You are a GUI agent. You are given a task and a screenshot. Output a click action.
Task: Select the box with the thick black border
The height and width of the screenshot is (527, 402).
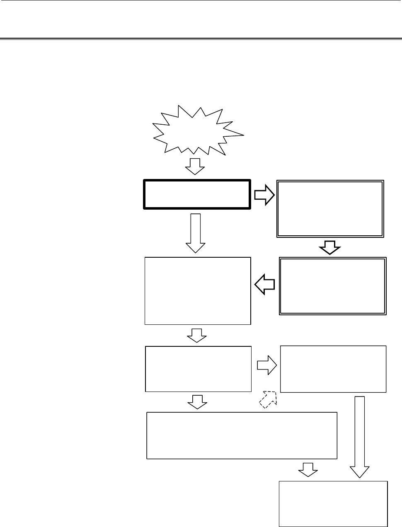(x=197, y=194)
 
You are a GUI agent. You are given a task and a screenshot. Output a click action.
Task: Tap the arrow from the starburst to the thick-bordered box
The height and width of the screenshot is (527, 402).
(x=194, y=166)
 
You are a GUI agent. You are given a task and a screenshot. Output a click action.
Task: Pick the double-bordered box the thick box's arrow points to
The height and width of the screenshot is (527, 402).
(x=330, y=208)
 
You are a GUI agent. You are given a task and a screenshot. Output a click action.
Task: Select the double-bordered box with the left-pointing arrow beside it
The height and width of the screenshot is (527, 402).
(x=333, y=286)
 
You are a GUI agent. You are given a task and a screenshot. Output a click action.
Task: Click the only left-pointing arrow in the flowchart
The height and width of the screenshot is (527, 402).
(x=264, y=286)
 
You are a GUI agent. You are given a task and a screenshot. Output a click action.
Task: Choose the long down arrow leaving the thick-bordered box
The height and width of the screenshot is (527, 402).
(x=195, y=233)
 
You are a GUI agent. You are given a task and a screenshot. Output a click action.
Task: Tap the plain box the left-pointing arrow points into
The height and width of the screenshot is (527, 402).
(x=198, y=290)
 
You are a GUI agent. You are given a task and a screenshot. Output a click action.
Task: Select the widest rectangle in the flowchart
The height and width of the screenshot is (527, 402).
(x=242, y=435)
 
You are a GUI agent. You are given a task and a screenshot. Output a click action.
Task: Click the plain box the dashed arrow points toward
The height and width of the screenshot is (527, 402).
(x=333, y=369)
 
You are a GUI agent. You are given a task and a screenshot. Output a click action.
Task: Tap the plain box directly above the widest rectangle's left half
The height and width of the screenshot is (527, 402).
(x=198, y=369)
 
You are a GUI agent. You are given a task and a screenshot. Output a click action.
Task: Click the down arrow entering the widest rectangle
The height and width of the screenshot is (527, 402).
(x=197, y=401)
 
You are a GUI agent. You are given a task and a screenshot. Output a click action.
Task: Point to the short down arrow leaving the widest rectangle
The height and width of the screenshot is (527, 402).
(x=308, y=470)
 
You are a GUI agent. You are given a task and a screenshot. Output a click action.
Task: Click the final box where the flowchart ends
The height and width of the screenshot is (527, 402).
(x=333, y=503)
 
